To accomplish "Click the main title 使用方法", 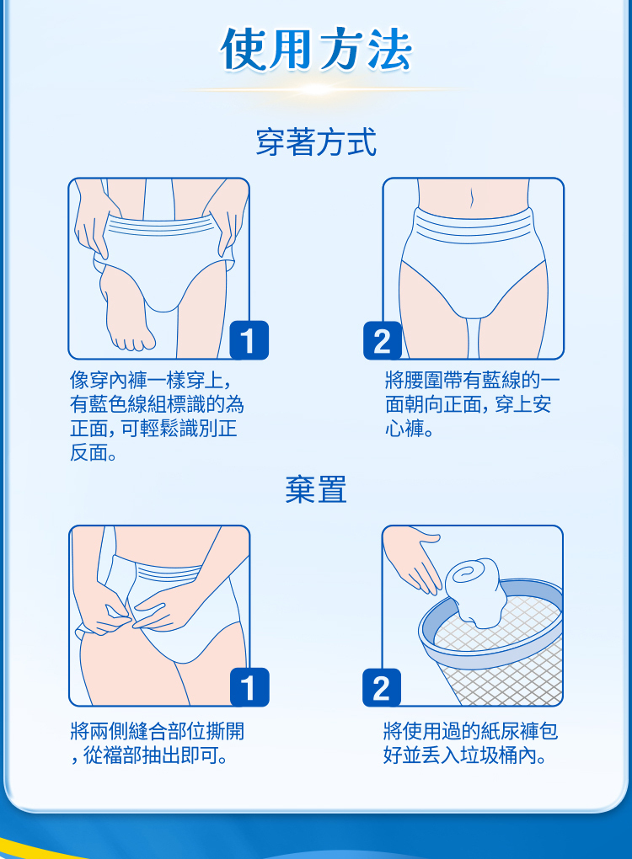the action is click(x=316, y=50).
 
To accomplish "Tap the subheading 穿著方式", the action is click(x=316, y=141).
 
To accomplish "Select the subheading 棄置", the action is click(x=316, y=489).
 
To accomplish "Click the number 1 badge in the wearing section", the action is click(x=249, y=340).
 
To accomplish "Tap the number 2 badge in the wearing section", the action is click(x=383, y=341).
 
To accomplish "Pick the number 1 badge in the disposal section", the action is click(x=249, y=687).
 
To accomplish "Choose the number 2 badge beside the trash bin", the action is click(x=382, y=687).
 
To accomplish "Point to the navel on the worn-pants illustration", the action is click(x=471, y=198).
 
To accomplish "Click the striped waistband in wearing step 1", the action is click(x=159, y=226).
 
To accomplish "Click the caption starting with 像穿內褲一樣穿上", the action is click(x=157, y=416).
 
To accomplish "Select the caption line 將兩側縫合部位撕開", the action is click(x=158, y=731).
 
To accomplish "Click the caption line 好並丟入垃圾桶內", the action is click(x=465, y=755).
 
